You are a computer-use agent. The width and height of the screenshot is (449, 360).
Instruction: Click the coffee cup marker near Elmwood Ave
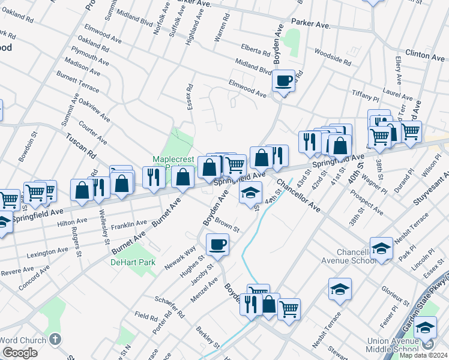pos(284,80)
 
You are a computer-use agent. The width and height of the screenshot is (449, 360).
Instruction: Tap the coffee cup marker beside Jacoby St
pos(217,244)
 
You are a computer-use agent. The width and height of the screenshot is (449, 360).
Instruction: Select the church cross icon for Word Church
pos(56,340)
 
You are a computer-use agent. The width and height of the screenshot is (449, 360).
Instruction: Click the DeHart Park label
pos(133,262)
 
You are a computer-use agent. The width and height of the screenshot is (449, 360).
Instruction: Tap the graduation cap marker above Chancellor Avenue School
pos(381,248)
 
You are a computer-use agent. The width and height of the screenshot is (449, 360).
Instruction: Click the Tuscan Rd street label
pos(81,144)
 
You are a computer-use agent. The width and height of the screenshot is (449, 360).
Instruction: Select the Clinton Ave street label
pos(425,55)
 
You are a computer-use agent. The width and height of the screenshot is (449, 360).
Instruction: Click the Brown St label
pos(228,226)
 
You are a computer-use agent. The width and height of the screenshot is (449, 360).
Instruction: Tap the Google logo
pos(20,352)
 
